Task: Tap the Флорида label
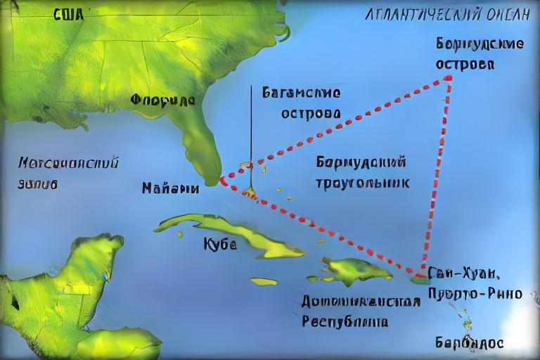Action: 162,100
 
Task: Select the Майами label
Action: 170,188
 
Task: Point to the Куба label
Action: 220,244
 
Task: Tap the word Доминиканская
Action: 361,302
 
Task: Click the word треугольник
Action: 363,182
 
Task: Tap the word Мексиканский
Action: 68,163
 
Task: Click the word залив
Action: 38,184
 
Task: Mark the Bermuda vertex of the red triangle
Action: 448,77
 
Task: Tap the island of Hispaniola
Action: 355,270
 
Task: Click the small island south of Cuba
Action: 264,281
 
